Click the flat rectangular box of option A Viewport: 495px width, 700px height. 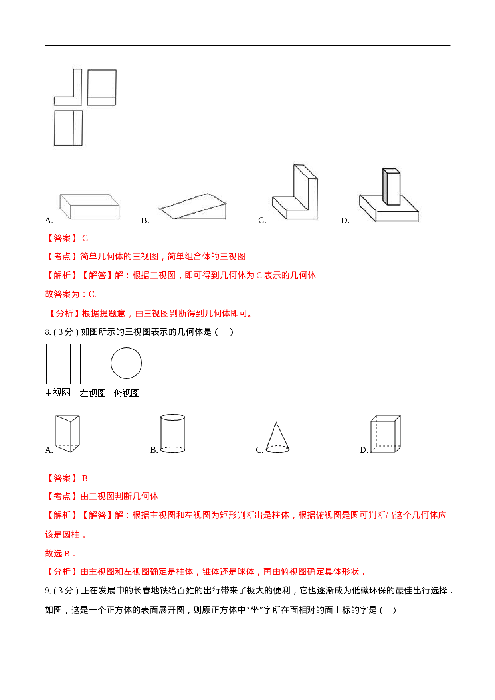(89, 206)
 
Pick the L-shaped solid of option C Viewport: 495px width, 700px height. (295, 192)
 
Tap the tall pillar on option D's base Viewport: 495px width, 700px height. (391, 186)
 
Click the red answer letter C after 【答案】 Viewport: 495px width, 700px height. (85, 238)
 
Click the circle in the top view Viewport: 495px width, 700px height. (127, 363)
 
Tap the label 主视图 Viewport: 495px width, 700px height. (57, 393)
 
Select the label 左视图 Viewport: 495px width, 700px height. (93, 393)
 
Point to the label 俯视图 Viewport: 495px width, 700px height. (127, 393)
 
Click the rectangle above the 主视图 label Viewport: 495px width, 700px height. (58, 364)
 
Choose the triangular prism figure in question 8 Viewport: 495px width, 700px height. (67, 433)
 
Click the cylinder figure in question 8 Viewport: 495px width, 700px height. (173, 433)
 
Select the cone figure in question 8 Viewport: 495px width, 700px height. (277, 437)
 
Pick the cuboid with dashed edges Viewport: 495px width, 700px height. (386, 434)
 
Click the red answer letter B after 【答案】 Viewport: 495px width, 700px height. (85, 478)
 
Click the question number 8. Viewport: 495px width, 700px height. (48, 332)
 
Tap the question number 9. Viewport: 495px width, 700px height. (48, 591)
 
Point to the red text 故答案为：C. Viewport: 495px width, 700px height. (71, 294)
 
